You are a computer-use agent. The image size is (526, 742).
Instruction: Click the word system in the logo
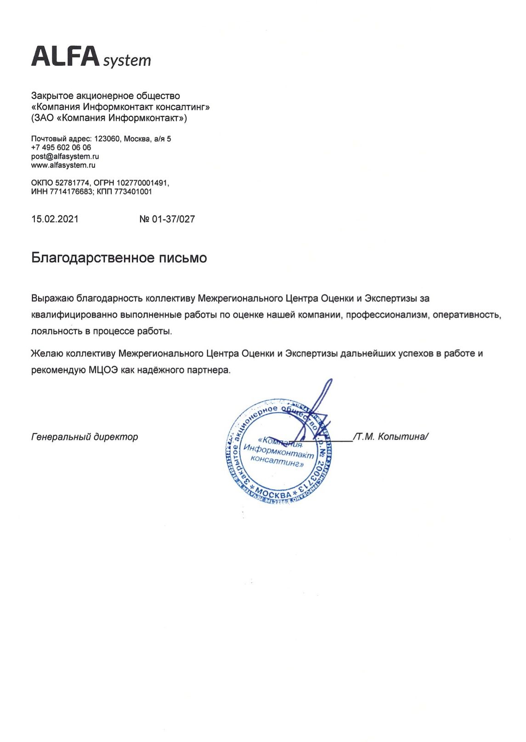tap(127, 61)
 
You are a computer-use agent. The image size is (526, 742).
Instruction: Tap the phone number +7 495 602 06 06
tap(61, 148)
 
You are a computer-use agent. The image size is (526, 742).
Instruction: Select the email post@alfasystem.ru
tap(65, 156)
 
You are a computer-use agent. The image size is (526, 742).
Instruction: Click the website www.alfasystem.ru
tap(63, 165)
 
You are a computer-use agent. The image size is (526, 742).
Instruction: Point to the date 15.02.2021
tap(55, 219)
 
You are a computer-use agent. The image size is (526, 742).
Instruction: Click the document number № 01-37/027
tap(167, 219)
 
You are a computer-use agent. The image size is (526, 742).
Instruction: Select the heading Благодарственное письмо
tap(119, 258)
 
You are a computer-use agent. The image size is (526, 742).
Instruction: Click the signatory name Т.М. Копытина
tap(390, 437)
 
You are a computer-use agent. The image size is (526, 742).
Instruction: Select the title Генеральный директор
tap(85, 437)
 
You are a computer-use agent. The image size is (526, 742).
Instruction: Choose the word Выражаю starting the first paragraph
tap(52, 299)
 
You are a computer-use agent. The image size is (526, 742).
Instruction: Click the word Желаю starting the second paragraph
tap(47, 354)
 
